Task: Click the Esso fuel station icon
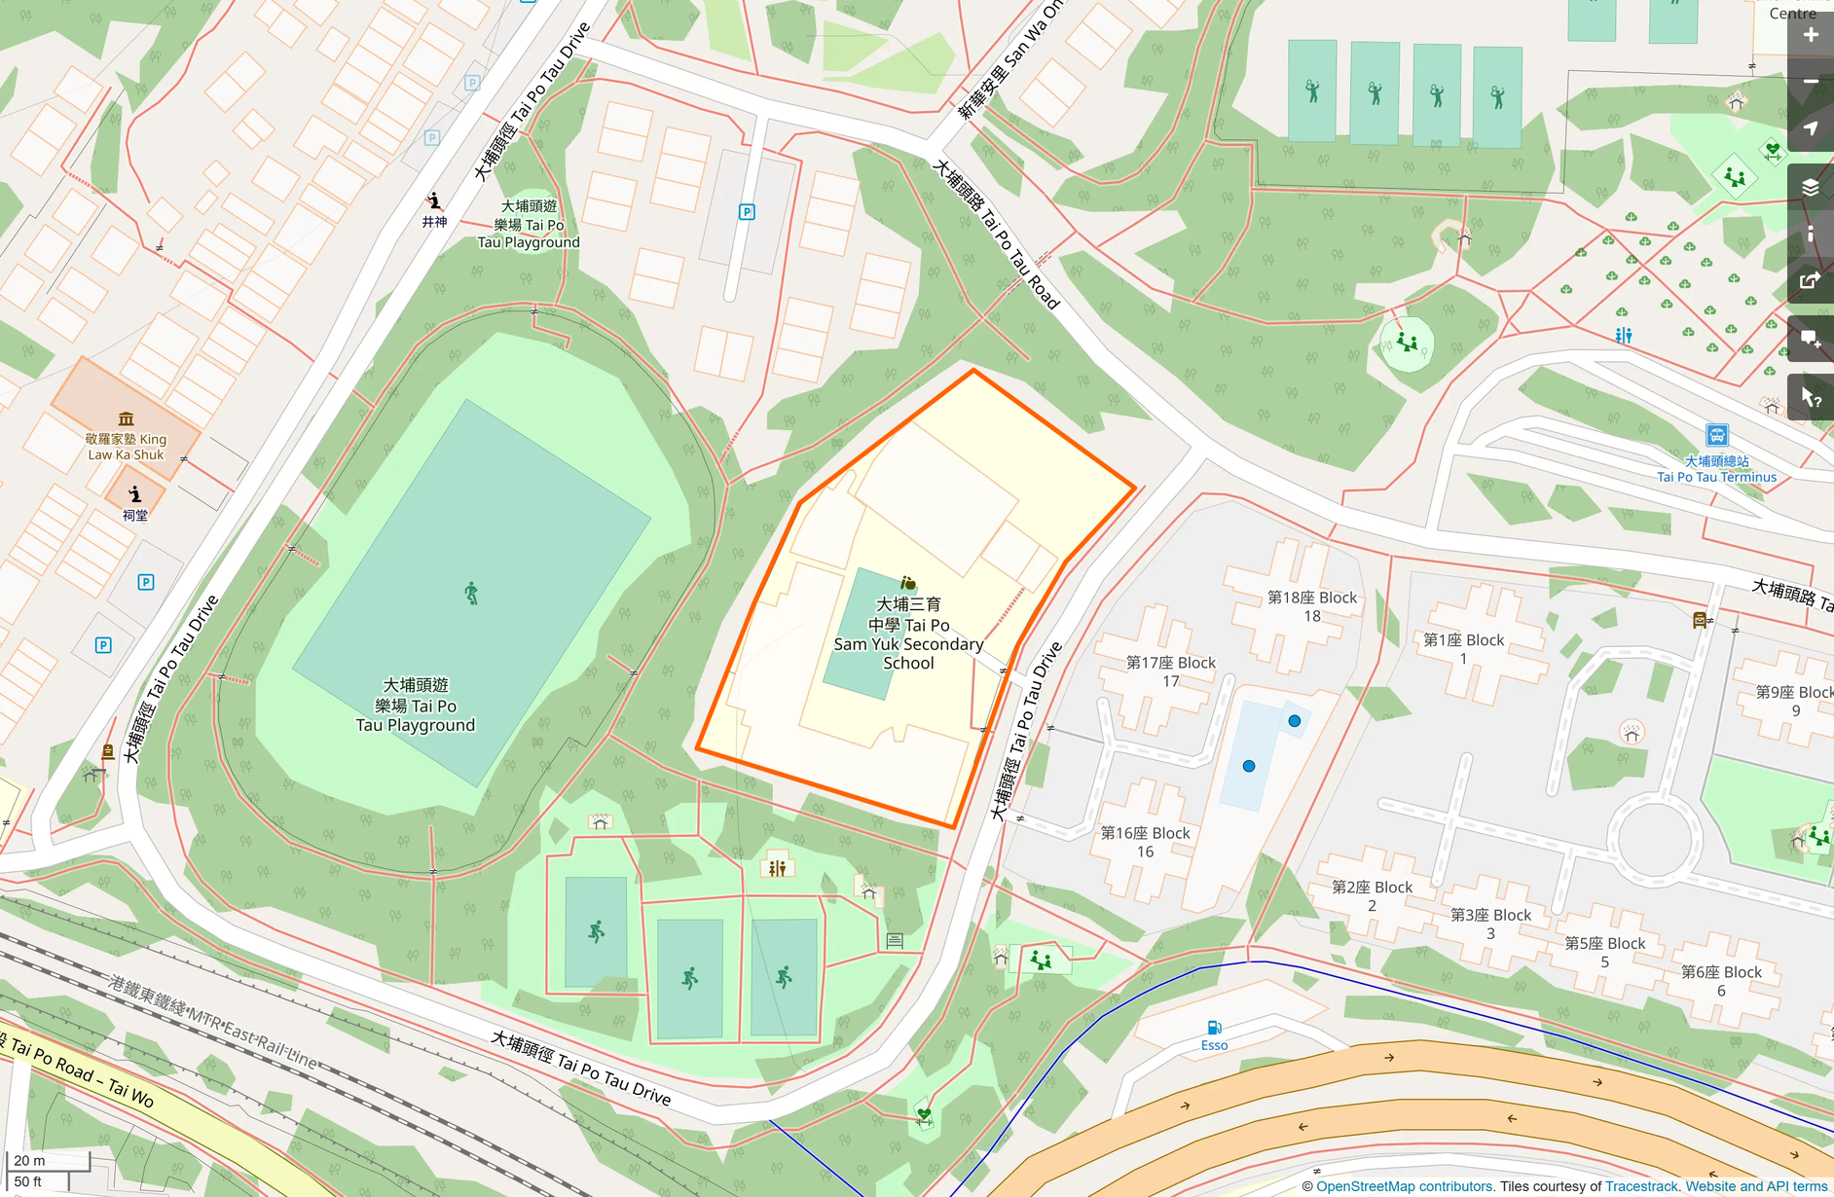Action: (1214, 1028)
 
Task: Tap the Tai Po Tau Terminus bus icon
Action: (1717, 435)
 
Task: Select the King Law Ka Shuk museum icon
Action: (126, 418)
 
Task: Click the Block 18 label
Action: (1311, 606)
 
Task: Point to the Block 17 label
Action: (1170, 671)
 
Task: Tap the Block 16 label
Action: (1145, 842)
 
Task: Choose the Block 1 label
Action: (1463, 648)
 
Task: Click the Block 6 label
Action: (1721, 980)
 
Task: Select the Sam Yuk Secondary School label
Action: (908, 634)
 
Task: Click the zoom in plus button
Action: (1811, 35)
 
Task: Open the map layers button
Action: (1811, 188)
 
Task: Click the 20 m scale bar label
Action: (30, 1160)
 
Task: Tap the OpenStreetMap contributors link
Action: (1404, 1186)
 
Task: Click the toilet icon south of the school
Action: (777, 867)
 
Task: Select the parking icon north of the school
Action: (747, 212)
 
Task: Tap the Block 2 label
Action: (1372, 895)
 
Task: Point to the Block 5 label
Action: (1604, 952)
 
